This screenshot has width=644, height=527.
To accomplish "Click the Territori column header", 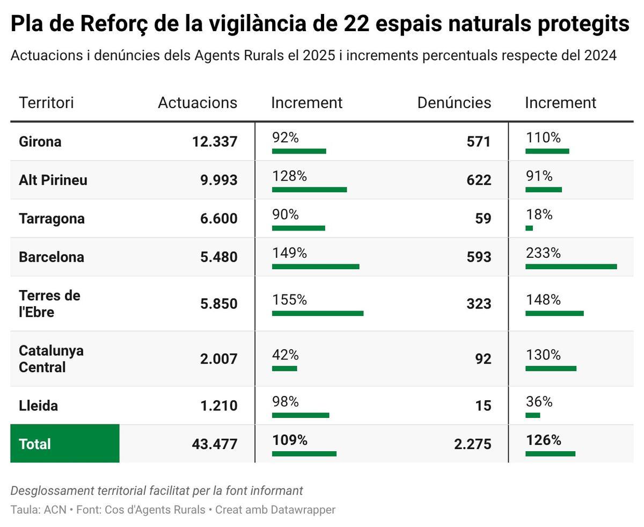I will (x=46, y=103).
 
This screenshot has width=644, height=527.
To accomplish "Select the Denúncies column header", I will (x=454, y=103).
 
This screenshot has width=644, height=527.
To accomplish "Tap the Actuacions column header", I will (x=197, y=103).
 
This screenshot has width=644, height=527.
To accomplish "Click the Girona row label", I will (x=40, y=142).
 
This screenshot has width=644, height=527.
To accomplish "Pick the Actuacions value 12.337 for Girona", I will (x=215, y=142).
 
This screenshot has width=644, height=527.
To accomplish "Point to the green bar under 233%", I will (x=571, y=266).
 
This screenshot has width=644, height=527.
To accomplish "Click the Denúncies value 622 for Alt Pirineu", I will (x=479, y=180).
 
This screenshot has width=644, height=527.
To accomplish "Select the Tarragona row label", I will (x=52, y=219).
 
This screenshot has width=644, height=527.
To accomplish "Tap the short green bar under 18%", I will (x=529, y=228).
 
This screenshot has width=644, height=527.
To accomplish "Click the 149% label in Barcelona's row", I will (x=289, y=253).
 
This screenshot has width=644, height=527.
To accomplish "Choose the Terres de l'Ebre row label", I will (x=49, y=304).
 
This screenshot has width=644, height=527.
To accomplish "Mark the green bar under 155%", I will (x=318, y=313).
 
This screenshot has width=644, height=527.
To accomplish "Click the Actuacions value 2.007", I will (x=218, y=359).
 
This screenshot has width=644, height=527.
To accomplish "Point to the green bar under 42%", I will (x=284, y=369).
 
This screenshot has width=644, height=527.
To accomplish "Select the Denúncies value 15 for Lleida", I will (x=483, y=406).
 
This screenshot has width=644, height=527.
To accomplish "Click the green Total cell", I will (x=64, y=444).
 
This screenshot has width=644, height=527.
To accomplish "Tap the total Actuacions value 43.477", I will (x=215, y=444).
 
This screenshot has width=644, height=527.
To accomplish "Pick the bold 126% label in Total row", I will (x=543, y=441).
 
